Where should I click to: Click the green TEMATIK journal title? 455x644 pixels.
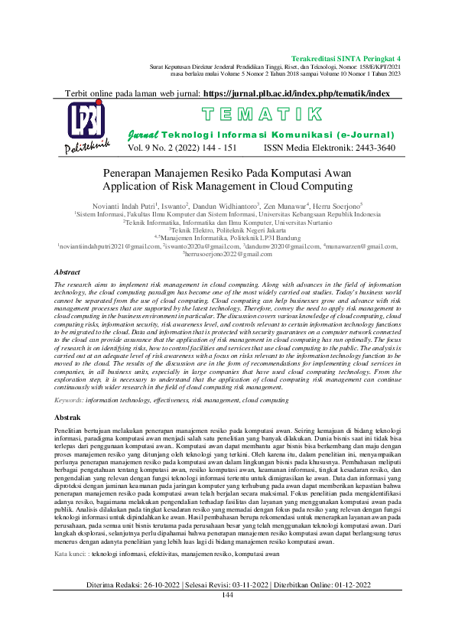click(x=261, y=115)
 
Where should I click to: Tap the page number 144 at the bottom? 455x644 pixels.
click(x=227, y=616)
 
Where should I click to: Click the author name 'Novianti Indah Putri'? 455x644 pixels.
click(x=123, y=207)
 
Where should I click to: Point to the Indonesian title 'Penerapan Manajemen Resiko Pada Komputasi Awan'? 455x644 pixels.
click(x=227, y=172)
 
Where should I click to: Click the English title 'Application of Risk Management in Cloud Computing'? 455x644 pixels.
click(x=227, y=185)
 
